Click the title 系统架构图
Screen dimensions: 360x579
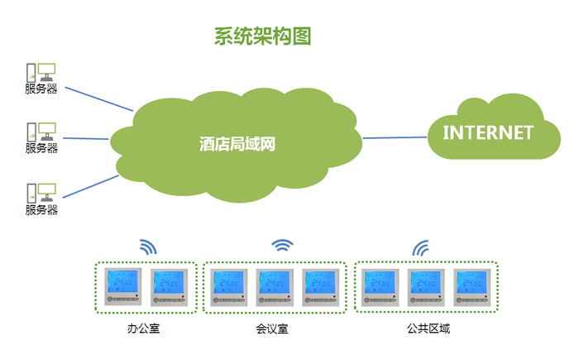(262, 36)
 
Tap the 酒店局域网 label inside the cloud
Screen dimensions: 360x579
(237, 144)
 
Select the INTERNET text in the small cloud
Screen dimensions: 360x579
(487, 132)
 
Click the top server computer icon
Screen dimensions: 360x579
(41, 71)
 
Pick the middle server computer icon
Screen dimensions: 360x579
(41, 131)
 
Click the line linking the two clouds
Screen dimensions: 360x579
(395, 137)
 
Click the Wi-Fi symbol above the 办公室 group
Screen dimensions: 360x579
(147, 247)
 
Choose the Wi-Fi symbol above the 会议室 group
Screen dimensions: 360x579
(283, 245)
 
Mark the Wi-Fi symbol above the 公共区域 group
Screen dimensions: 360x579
(421, 247)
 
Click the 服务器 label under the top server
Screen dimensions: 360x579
(41, 89)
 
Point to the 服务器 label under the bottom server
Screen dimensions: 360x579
(41, 210)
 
